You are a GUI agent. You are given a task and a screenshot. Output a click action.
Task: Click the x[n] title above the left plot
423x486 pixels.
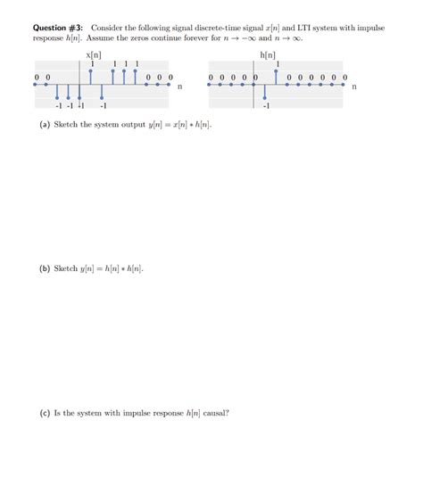point(94,55)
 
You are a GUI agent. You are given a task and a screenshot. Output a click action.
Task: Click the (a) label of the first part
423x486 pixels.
point(45,124)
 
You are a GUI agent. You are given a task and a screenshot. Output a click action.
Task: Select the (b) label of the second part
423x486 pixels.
point(45,268)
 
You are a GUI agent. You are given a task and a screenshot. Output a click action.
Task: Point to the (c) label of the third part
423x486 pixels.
point(45,413)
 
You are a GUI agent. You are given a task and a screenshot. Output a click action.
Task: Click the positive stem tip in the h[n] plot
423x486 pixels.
point(277,70)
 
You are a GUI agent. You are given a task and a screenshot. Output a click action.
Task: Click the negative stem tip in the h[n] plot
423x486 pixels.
point(265,98)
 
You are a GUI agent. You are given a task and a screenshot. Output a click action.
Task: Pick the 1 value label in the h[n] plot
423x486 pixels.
point(278,63)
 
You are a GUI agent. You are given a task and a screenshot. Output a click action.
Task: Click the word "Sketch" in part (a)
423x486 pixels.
point(68,124)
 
